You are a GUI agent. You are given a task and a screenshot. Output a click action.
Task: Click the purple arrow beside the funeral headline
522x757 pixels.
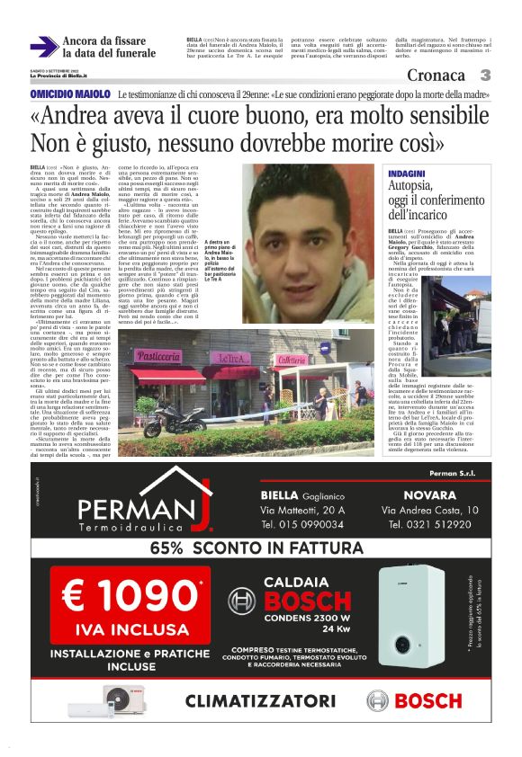[44, 47]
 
